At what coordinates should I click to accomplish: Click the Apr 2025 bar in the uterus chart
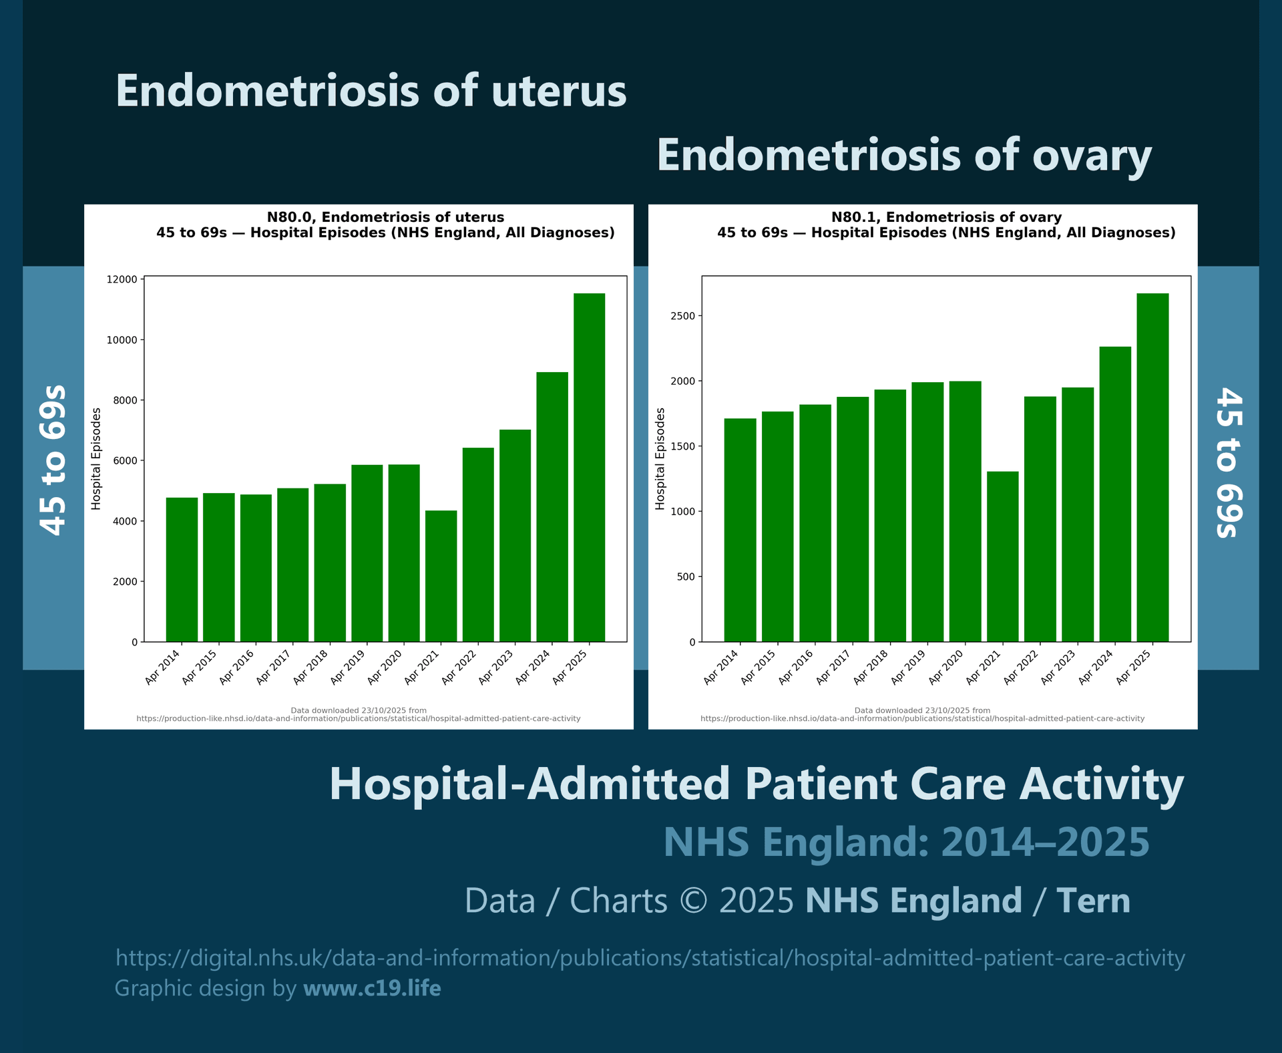589,468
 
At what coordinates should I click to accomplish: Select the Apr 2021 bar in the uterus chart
441,576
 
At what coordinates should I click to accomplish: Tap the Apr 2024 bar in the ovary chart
1115,494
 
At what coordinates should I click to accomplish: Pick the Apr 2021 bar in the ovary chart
1002,557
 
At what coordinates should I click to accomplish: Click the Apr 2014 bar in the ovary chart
740,531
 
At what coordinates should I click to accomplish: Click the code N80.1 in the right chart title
855,217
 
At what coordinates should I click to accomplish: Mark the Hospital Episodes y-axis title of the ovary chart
660,459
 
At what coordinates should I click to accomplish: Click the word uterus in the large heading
559,91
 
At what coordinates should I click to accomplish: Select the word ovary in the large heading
1092,155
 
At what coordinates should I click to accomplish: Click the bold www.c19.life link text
372,988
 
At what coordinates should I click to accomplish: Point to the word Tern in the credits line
1093,901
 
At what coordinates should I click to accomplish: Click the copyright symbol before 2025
693,901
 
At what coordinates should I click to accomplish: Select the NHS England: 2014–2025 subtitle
906,842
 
